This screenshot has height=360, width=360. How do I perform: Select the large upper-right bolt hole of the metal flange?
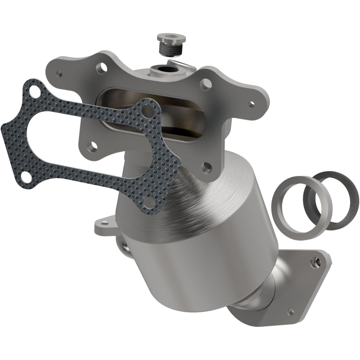206,84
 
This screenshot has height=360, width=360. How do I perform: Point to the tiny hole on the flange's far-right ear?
251,104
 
